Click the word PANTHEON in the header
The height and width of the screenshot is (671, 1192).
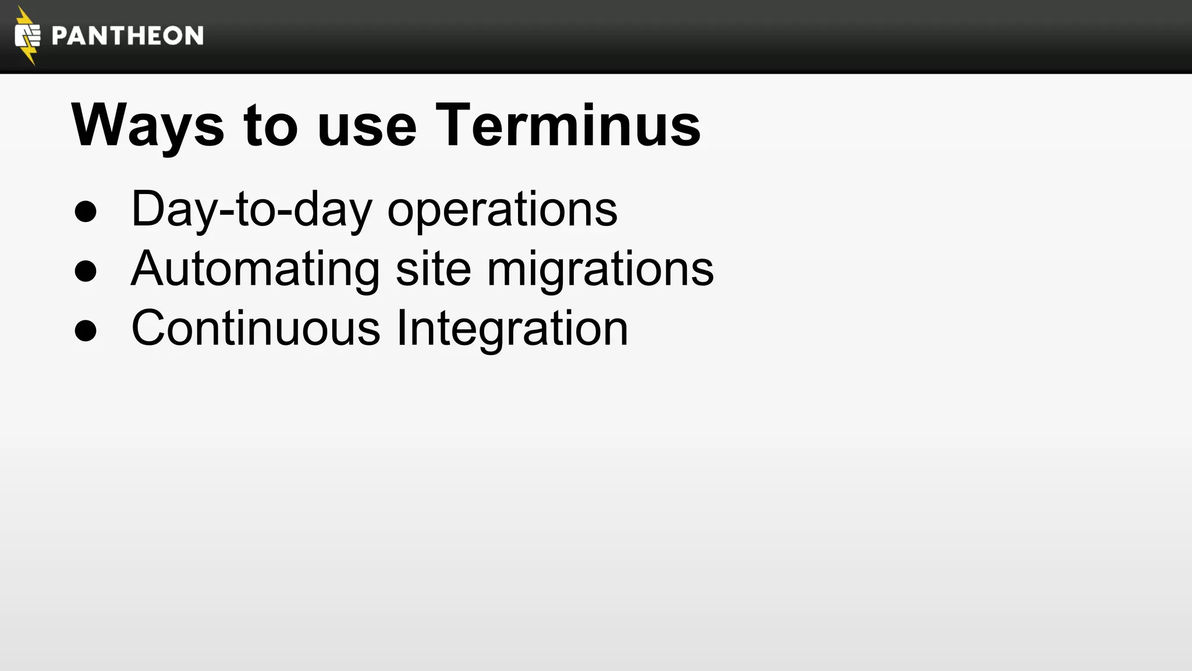pyautogui.click(x=127, y=36)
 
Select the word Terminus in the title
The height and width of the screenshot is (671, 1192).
pyautogui.click(x=568, y=125)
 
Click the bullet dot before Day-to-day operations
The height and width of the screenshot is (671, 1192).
pyautogui.click(x=86, y=211)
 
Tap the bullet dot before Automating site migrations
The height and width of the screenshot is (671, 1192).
pyautogui.click(x=86, y=271)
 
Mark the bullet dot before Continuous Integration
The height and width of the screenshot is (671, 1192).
pyautogui.click(x=86, y=331)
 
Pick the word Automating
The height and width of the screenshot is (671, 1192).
pyautogui.click(x=256, y=269)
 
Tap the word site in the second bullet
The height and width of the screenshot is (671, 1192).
pyautogui.click(x=433, y=269)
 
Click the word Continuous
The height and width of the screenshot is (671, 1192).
pyautogui.click(x=256, y=328)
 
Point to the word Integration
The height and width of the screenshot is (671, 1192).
pyautogui.click(x=512, y=329)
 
